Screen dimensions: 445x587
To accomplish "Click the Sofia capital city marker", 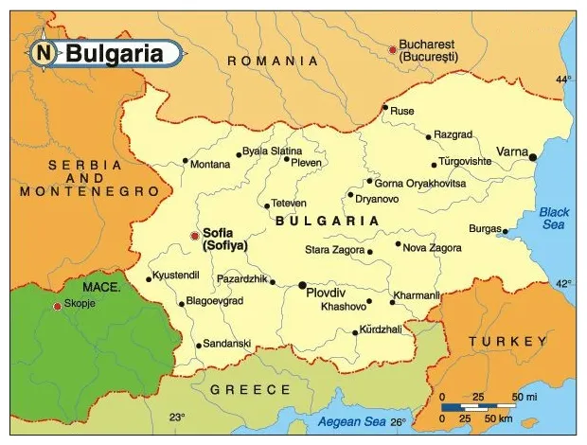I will click(195, 236).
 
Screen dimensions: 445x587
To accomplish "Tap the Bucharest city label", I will click(428, 50).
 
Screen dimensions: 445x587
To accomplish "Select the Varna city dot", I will click(533, 157).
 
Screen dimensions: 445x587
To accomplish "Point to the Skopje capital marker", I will click(57, 306).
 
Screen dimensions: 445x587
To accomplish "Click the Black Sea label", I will click(555, 219).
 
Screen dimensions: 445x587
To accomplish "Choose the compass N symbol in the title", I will click(44, 53).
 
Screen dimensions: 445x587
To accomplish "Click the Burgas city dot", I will click(506, 231).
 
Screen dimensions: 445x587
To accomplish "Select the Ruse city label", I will click(402, 111).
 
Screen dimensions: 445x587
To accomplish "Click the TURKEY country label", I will click(507, 342).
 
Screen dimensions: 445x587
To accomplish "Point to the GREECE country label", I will click(250, 389).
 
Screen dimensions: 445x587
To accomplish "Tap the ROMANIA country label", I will click(273, 61).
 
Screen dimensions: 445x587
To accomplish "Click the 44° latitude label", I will click(563, 80).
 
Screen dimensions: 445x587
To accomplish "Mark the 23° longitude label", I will click(177, 417).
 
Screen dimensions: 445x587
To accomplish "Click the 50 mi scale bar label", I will click(526, 395).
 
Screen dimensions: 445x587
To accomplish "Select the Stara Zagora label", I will click(334, 250).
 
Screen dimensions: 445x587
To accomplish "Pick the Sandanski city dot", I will click(198, 346).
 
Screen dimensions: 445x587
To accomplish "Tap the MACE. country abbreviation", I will click(100, 286).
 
